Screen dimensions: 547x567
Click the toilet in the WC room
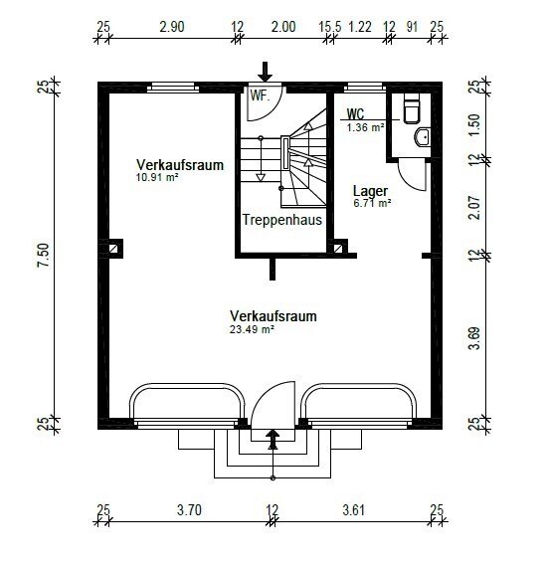click(412, 108)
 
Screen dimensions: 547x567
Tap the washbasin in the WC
click(423, 137)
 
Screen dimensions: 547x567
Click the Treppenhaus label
click(282, 220)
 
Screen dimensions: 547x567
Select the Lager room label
click(370, 191)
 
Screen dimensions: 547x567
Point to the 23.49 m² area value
click(252, 329)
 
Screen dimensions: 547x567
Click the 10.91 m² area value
click(157, 177)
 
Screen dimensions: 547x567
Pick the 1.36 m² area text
click(365, 127)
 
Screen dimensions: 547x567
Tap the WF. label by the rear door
click(260, 95)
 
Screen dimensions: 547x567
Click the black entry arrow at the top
click(265, 72)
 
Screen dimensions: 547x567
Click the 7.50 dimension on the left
click(43, 255)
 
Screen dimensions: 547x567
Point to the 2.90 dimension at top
click(172, 27)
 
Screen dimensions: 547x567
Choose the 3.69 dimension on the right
click(474, 338)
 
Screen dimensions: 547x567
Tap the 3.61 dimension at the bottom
click(354, 510)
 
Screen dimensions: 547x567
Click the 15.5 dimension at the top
click(330, 27)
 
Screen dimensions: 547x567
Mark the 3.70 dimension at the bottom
click(189, 510)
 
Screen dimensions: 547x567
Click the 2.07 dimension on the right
click(474, 208)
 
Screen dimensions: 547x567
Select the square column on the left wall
click(114, 249)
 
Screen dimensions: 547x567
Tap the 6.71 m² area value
click(372, 203)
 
